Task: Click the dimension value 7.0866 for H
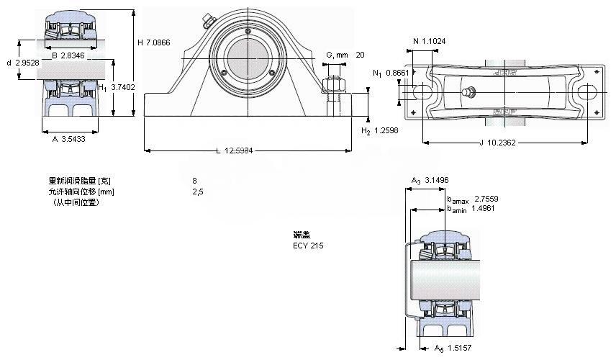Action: pyautogui.click(x=160, y=42)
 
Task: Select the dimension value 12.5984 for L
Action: pyautogui.click(x=239, y=150)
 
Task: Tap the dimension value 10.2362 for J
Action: pyautogui.click(x=501, y=142)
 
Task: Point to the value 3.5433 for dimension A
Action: pyautogui.click(x=73, y=140)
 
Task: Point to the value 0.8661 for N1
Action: pyautogui.click(x=397, y=73)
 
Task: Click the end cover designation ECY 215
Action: pyautogui.click(x=308, y=246)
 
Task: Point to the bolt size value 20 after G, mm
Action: pyautogui.click(x=360, y=55)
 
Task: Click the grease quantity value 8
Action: pyautogui.click(x=194, y=181)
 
